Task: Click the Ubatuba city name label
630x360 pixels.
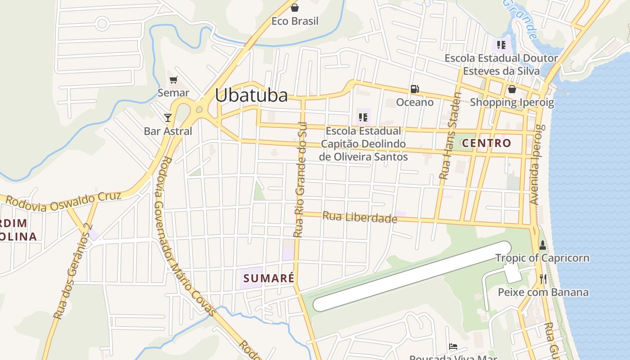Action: point(251,95)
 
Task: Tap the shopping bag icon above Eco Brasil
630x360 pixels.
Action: point(295,8)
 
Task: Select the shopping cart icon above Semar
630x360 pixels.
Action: point(174,80)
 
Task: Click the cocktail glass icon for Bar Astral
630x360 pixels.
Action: point(168,118)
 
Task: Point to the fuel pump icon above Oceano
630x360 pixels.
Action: point(414,89)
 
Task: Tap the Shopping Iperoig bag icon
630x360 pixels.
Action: point(512,89)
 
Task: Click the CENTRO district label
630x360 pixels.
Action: point(486,143)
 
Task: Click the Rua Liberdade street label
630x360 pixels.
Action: point(360,217)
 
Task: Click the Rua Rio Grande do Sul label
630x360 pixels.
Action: point(300,179)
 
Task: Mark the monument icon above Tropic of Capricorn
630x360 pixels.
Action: point(542,246)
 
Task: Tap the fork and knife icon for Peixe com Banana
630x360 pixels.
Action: point(543,279)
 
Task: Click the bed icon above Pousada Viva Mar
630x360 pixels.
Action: point(453,346)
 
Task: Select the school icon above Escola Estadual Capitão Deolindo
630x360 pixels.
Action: point(363,118)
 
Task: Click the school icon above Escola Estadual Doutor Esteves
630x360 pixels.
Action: point(501,45)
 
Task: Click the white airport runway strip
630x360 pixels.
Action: point(412,276)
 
